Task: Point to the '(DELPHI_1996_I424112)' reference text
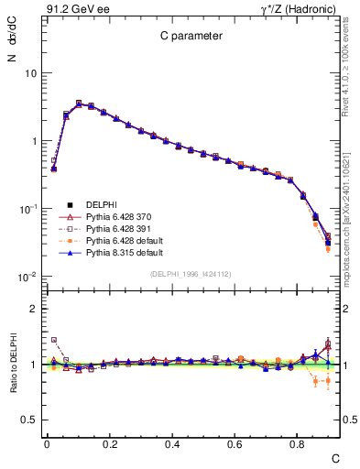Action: [190, 273]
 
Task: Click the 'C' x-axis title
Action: [335, 457]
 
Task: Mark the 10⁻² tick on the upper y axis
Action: [28, 278]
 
